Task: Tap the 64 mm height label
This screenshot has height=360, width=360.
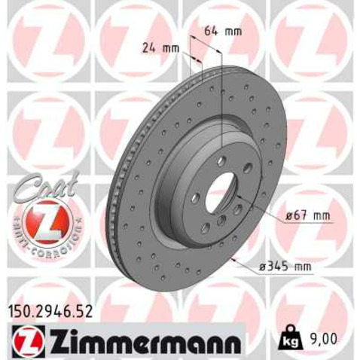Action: tap(223, 31)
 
